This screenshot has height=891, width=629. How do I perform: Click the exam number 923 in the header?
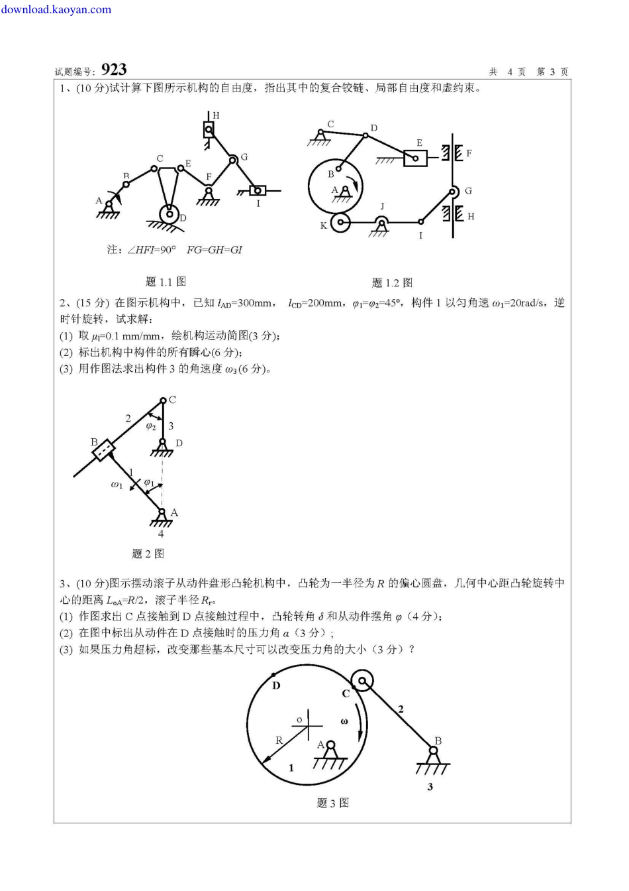[x=114, y=70]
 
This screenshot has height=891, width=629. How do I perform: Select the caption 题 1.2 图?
[x=392, y=283]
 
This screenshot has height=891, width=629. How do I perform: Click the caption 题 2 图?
[x=148, y=554]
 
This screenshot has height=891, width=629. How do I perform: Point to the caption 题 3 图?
[x=332, y=803]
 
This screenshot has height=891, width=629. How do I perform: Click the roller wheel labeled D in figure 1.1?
[x=170, y=215]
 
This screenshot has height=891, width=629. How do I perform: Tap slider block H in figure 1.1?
[x=209, y=129]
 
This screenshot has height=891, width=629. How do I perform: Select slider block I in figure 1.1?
[x=258, y=191]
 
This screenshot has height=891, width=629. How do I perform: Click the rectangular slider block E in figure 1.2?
[x=415, y=158]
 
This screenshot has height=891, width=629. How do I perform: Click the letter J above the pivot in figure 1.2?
[x=382, y=207]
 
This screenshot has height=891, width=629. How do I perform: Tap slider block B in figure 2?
[x=103, y=451]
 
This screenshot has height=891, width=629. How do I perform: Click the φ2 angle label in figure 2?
[x=151, y=426]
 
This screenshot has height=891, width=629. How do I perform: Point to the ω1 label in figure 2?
[x=117, y=485]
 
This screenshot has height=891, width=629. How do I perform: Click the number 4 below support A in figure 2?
[x=161, y=534]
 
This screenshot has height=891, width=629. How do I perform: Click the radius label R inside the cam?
[x=279, y=741]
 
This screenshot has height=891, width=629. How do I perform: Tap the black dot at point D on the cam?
[x=273, y=676]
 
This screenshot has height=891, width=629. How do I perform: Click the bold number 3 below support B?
[x=430, y=787]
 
